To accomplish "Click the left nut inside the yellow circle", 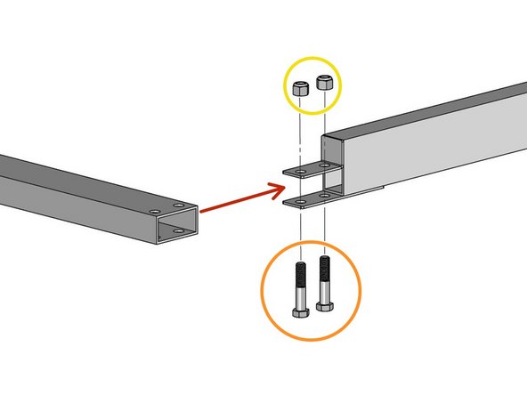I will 301,87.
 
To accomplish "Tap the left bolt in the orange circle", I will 301,289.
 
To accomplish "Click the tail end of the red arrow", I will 203,212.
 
